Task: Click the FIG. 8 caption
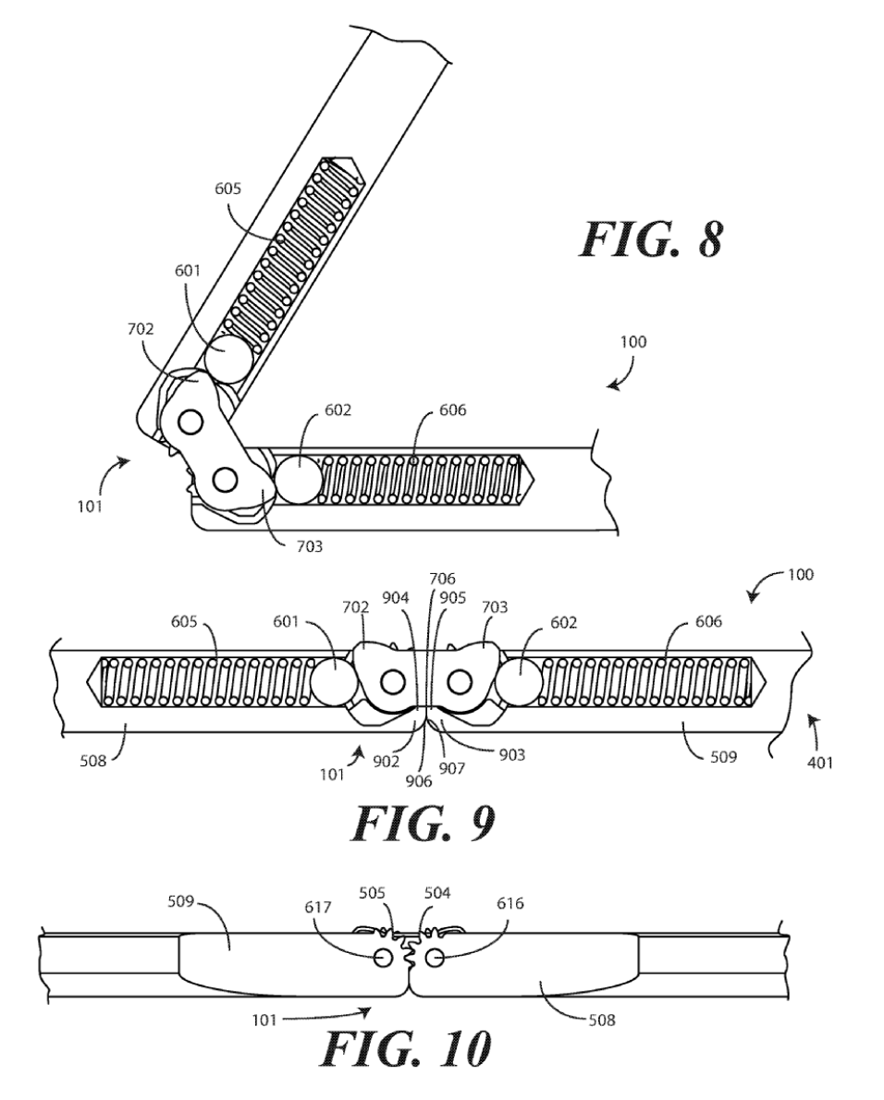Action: tap(650, 239)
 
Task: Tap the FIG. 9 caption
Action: tap(424, 823)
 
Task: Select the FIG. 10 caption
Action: tap(406, 1049)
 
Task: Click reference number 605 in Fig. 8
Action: tap(228, 188)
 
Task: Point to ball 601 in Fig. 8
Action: tap(228, 358)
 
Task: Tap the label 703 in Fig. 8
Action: tap(310, 545)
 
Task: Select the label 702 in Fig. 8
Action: tap(141, 328)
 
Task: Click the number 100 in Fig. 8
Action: tap(632, 342)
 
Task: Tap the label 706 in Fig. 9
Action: tap(443, 579)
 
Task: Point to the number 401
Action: tap(818, 762)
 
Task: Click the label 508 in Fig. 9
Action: tap(92, 760)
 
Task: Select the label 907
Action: tap(452, 768)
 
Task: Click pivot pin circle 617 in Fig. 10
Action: tap(383, 957)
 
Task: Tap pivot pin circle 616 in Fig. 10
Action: tap(434, 956)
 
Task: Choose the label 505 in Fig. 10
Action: tap(373, 893)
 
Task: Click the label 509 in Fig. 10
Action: tap(181, 900)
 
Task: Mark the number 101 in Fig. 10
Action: tap(264, 1020)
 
